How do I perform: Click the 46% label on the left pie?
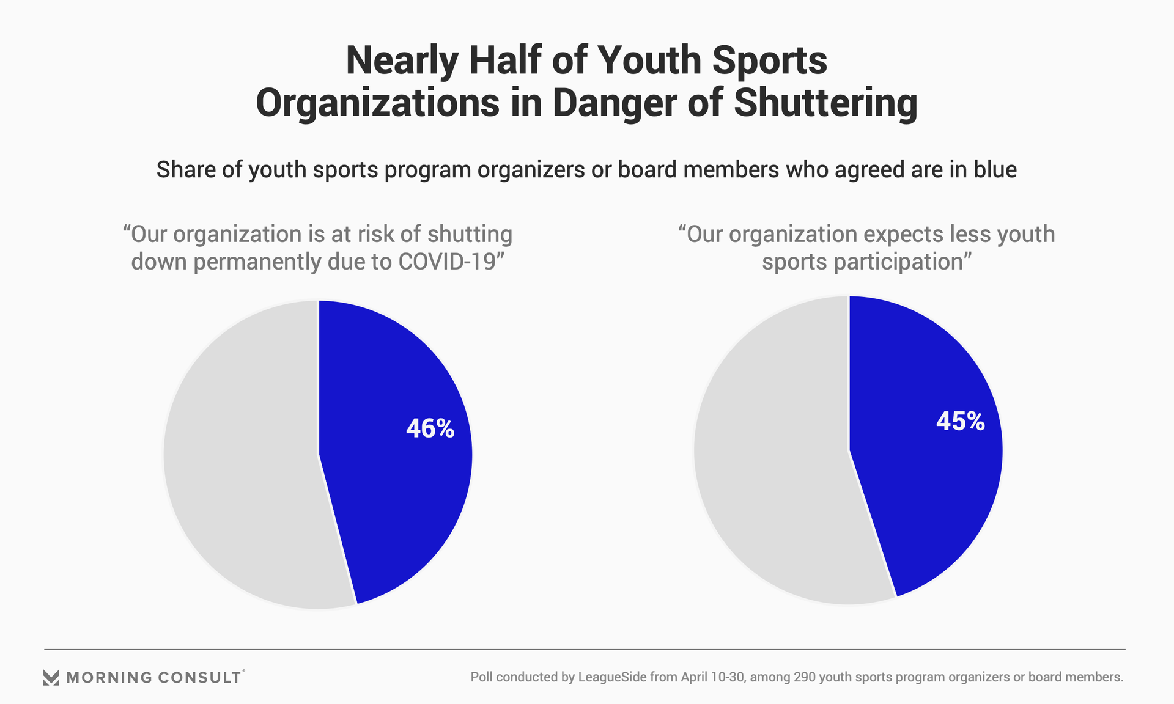430,428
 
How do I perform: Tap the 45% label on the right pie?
960,422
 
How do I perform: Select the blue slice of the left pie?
391,489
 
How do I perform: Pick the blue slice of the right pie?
923,489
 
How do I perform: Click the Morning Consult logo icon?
51,677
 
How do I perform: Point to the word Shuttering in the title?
825,103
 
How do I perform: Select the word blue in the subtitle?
995,169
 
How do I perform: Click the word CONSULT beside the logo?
199,677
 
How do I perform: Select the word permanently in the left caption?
257,262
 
